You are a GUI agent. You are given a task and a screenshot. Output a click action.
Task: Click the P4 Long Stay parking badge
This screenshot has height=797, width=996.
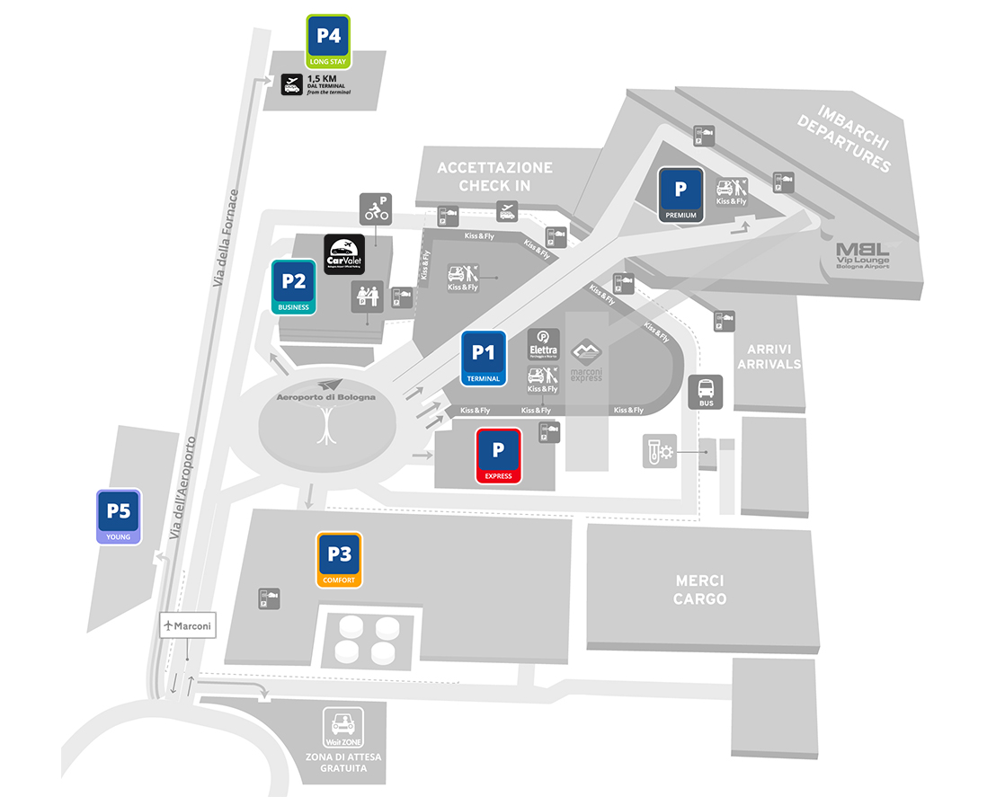(x=328, y=41)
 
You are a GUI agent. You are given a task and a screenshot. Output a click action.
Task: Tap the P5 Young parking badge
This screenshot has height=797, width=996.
(x=119, y=517)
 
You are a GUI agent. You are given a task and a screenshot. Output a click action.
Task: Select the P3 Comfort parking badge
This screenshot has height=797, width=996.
(x=339, y=559)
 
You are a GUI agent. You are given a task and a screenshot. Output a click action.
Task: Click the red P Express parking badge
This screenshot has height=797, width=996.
(x=498, y=456)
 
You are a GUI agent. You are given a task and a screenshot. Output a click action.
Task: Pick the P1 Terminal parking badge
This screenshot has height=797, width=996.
(x=484, y=358)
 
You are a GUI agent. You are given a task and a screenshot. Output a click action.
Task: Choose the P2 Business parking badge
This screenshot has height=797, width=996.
(x=294, y=287)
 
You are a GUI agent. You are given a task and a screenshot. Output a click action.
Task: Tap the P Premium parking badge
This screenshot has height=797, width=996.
(x=680, y=194)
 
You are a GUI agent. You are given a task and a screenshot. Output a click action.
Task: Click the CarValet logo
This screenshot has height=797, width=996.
(x=343, y=254)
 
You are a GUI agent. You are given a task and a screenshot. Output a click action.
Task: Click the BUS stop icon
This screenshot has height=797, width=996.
(x=707, y=393)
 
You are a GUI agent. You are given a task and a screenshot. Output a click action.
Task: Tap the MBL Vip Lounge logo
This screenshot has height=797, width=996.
(x=862, y=255)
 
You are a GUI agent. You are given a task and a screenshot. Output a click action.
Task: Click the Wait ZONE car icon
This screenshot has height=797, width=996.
(x=342, y=726)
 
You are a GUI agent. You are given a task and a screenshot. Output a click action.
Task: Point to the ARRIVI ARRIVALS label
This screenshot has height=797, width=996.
(x=767, y=356)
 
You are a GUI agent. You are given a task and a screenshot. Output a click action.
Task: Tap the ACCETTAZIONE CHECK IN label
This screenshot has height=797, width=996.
(x=494, y=176)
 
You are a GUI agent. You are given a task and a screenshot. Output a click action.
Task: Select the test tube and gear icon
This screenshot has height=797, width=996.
(x=658, y=450)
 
